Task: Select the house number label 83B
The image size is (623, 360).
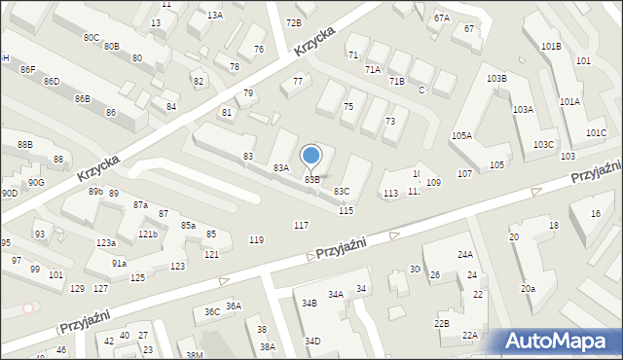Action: (312, 179)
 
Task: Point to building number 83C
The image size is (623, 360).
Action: (342, 192)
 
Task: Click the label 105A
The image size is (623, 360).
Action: (461, 136)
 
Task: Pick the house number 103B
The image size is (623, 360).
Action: (496, 78)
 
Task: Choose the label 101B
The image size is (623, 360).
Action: (551, 47)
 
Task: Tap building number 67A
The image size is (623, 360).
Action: (442, 18)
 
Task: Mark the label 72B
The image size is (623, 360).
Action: (293, 22)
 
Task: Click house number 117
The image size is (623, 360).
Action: (302, 226)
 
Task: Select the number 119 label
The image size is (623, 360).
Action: (256, 240)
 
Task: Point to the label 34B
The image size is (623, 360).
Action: (309, 304)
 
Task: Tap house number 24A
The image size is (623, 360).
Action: (466, 255)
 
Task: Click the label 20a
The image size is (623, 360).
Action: (528, 289)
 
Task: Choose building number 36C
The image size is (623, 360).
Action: (211, 312)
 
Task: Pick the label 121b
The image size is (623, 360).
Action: (147, 234)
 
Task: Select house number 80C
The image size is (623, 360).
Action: (91, 38)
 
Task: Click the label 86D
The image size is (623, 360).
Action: (52, 82)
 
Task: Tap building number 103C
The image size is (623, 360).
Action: (543, 145)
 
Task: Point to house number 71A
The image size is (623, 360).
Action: (372, 70)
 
